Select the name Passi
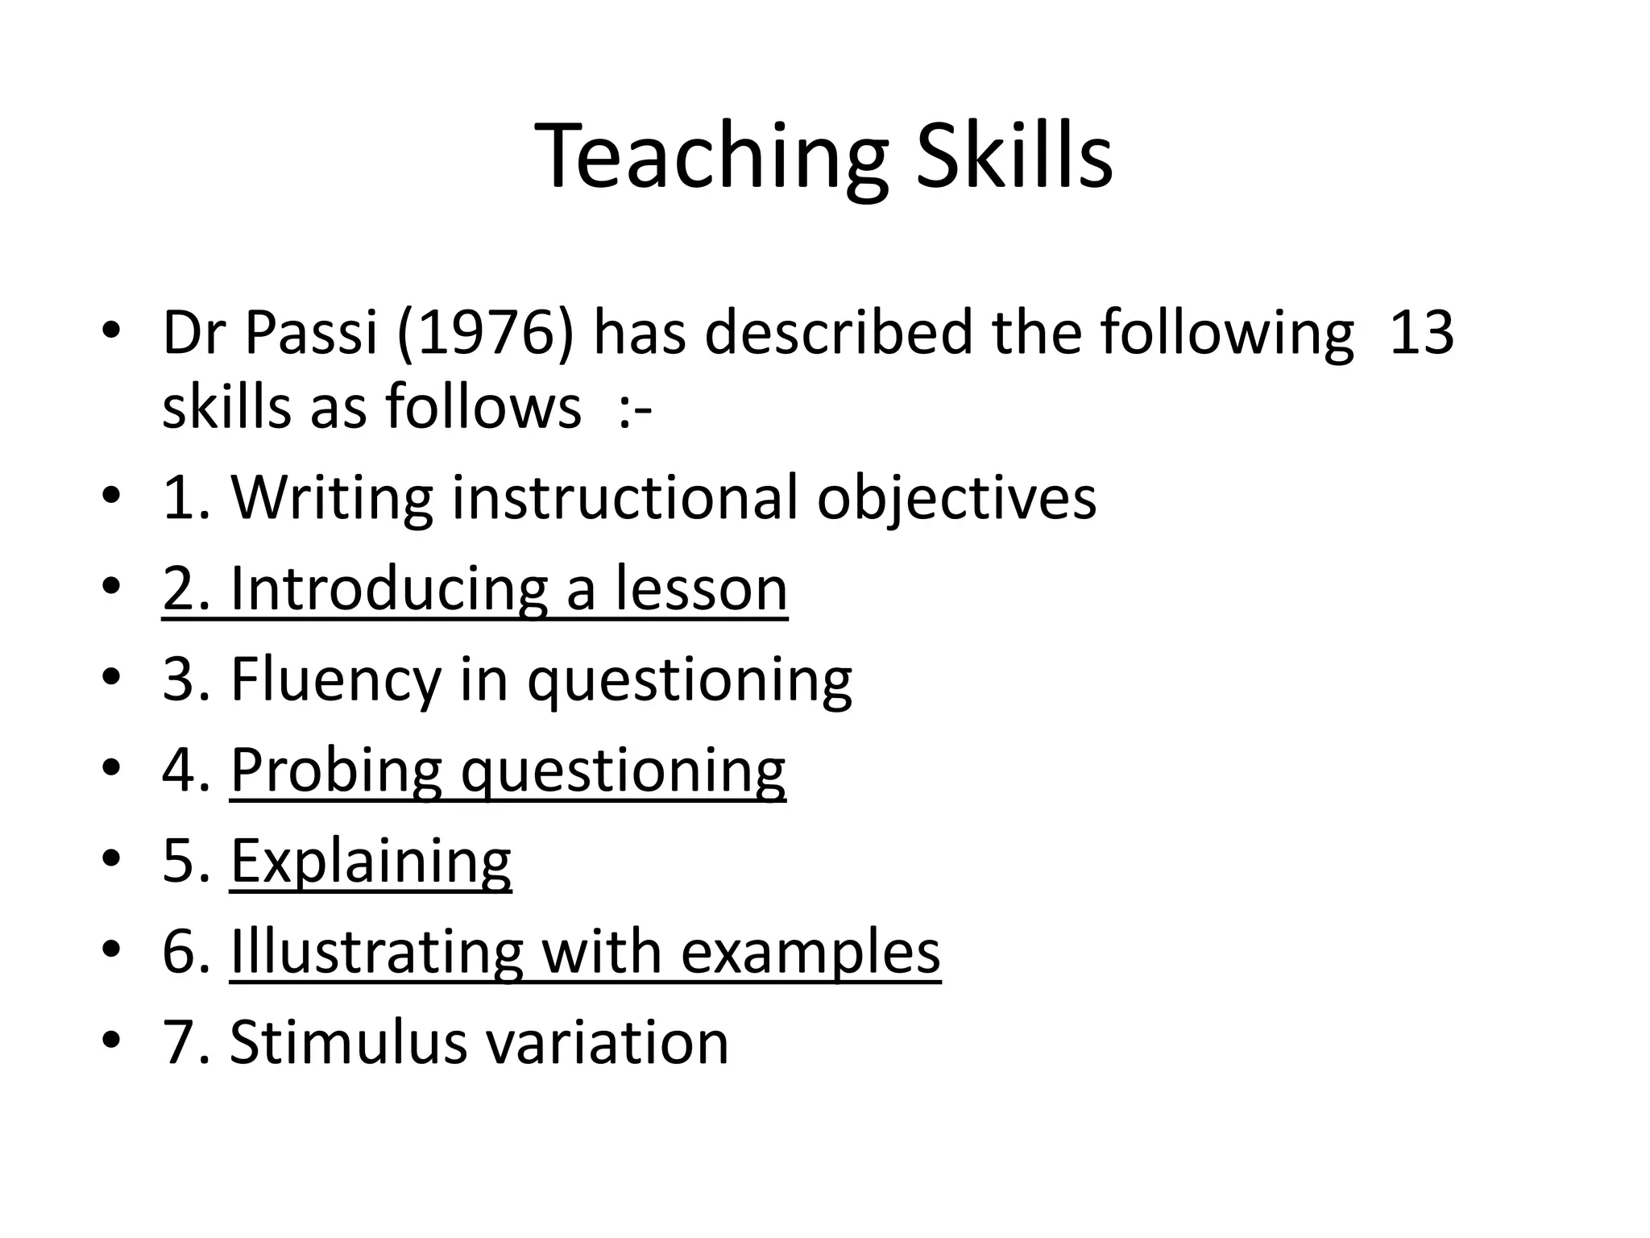(x=311, y=332)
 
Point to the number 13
(x=1422, y=332)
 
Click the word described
(x=839, y=332)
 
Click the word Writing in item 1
(x=332, y=498)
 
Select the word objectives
(x=956, y=498)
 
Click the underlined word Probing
(x=336, y=771)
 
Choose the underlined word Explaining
(x=371, y=862)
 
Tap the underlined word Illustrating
(x=376, y=952)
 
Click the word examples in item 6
(x=810, y=952)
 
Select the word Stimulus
(x=347, y=1043)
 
